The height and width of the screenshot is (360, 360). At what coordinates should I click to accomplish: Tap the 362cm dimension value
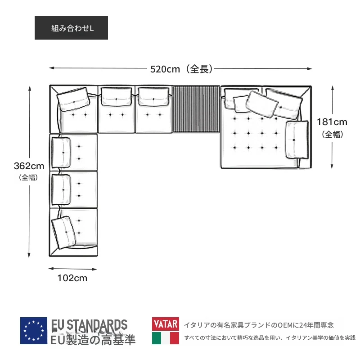29,166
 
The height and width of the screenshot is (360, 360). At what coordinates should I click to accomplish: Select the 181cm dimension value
332,122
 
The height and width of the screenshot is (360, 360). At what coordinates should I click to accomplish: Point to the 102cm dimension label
72,278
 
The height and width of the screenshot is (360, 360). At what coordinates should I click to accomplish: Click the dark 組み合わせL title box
71,27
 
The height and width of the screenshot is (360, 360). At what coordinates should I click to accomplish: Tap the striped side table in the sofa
196,109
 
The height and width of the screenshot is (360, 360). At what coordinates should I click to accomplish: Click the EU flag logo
33,331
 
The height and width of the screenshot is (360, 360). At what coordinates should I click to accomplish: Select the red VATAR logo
166,324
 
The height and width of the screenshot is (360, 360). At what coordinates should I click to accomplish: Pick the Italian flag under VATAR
166,338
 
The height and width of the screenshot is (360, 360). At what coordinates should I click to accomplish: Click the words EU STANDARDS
89,325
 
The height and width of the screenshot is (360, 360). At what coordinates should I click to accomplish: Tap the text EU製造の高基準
93,340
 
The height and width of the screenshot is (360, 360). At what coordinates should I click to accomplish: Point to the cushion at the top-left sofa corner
73,99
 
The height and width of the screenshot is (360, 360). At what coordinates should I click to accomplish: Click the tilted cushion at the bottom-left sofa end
63,232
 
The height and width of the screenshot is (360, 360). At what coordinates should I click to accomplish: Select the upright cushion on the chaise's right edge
297,139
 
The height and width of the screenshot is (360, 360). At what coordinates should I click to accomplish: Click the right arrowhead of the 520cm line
310,68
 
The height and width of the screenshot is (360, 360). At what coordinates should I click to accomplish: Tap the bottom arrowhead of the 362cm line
29,255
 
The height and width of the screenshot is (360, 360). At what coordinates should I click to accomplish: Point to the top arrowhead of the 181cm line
333,88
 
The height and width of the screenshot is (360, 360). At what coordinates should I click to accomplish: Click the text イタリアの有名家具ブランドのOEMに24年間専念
259,325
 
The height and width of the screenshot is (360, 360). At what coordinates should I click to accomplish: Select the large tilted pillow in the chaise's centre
262,104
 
